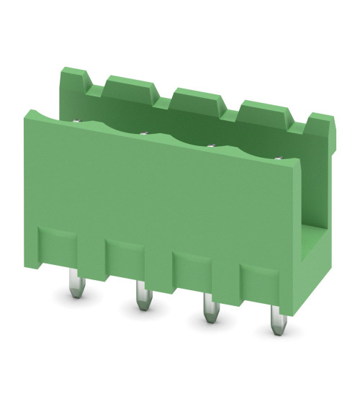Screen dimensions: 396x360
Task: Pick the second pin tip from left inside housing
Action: (144, 132)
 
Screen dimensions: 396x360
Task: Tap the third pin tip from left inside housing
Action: (212, 146)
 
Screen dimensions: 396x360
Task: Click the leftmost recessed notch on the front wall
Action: (58, 245)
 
